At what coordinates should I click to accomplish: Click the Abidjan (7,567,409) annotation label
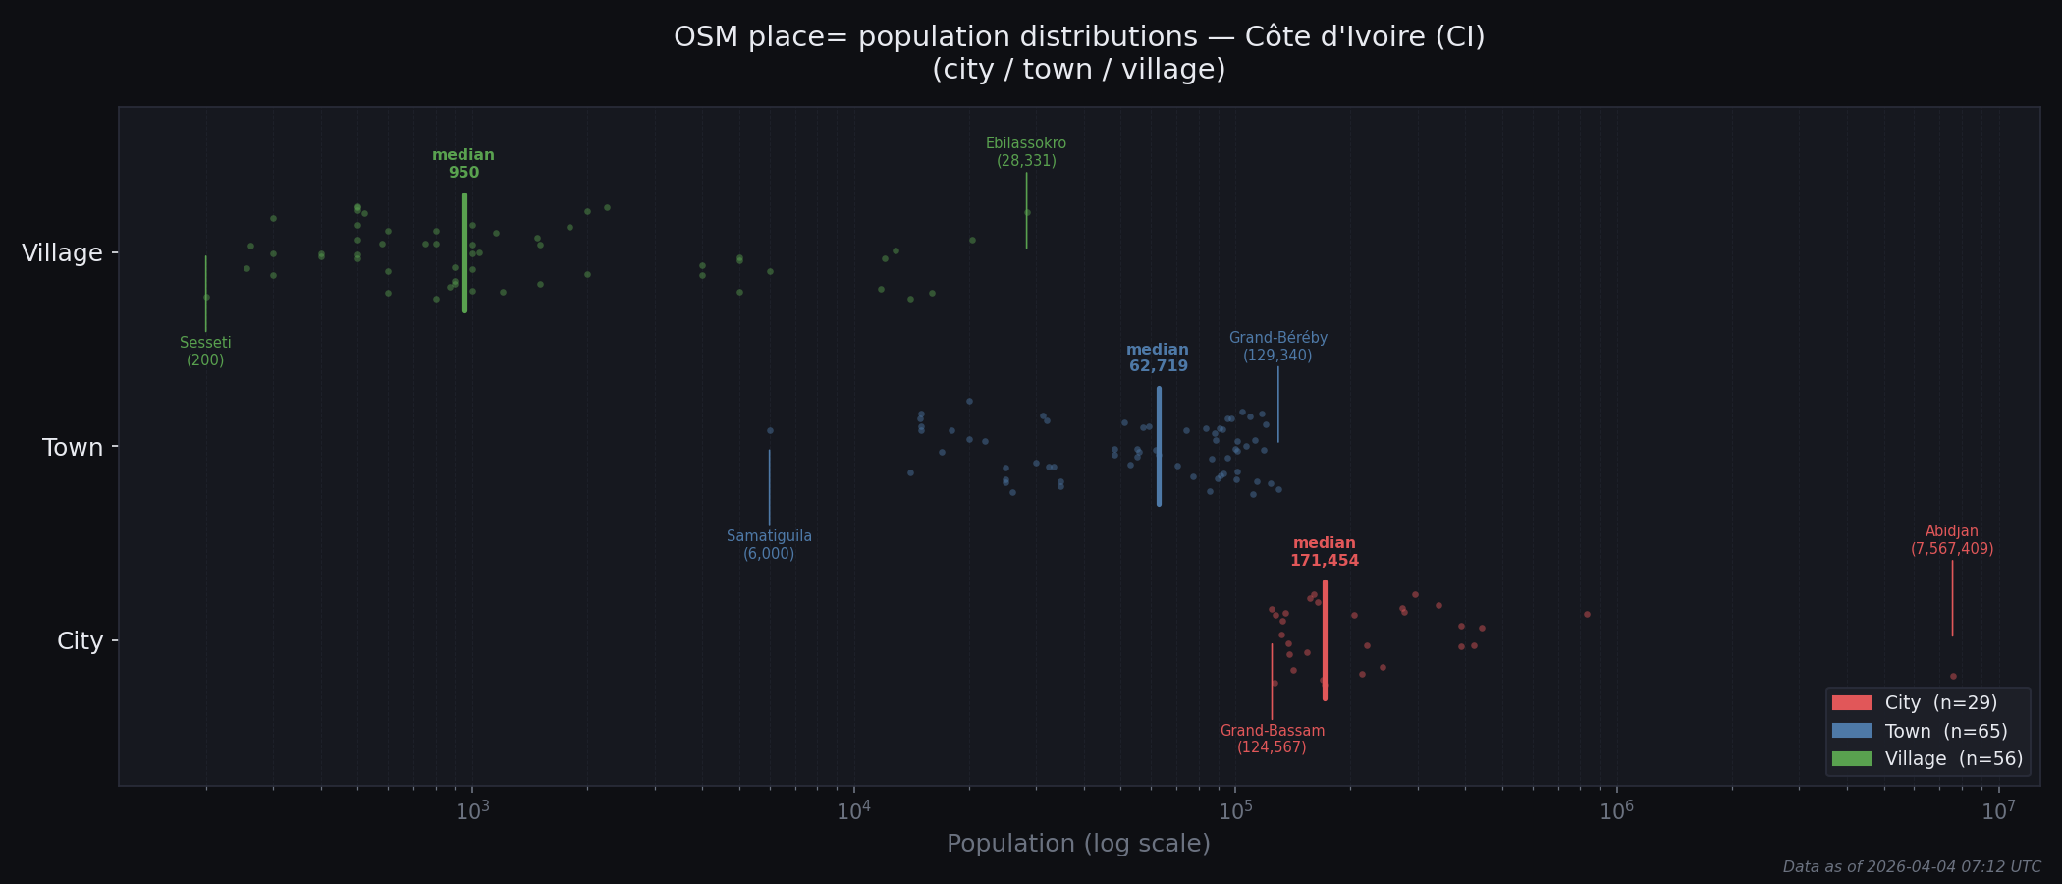coord(1951,540)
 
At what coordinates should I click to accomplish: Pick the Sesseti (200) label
coord(205,352)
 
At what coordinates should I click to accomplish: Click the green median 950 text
coord(463,164)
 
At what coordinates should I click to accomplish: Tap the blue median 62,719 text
coord(1158,359)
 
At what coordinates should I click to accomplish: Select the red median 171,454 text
coord(1324,552)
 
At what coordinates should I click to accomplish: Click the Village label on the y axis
coord(62,253)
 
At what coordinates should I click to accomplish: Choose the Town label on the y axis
coord(72,448)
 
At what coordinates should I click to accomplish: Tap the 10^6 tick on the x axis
coord(1616,810)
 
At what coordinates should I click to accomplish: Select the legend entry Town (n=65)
coord(1945,731)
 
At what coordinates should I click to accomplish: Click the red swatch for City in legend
coord(1851,703)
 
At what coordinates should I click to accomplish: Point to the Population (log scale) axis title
coord(1078,844)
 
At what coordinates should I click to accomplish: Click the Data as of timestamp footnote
coord(1911,867)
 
